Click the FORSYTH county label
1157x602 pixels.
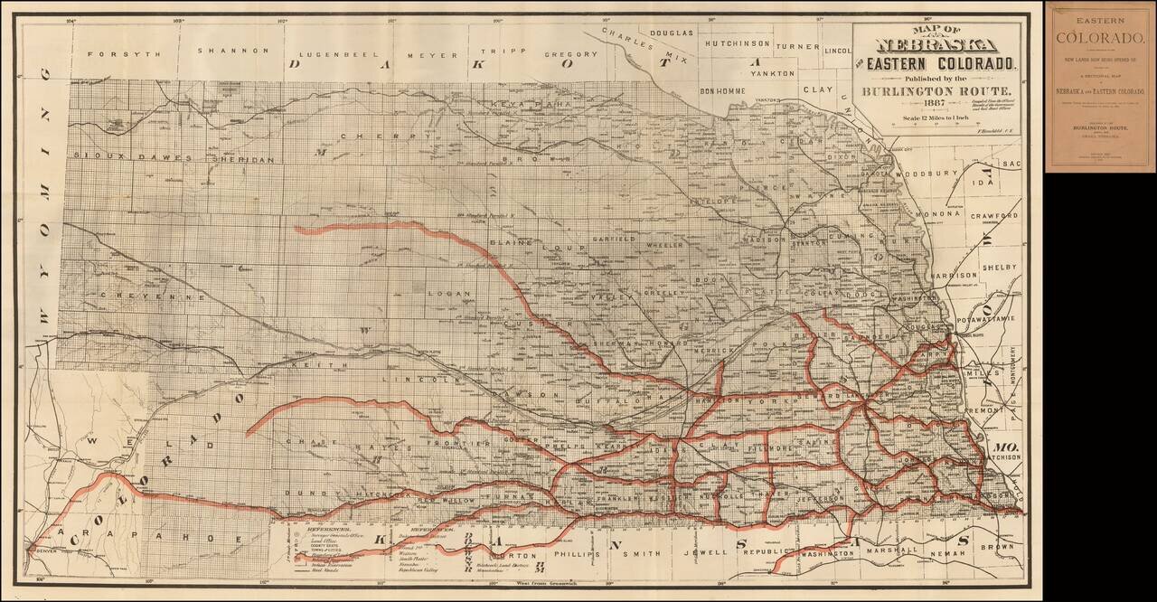click(124, 53)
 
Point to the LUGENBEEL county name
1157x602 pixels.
click(337, 53)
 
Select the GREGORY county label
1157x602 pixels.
click(570, 54)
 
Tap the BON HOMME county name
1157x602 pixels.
click(725, 92)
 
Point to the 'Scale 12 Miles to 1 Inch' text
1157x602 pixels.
click(936, 118)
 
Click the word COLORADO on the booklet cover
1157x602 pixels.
click(1100, 37)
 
